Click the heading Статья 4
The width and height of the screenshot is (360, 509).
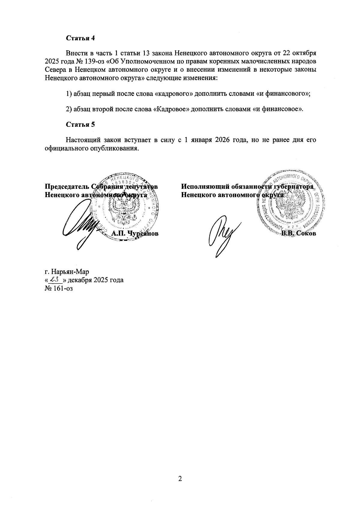click(80, 38)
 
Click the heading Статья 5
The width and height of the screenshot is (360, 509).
click(80, 125)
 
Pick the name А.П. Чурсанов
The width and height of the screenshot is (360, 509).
click(135, 234)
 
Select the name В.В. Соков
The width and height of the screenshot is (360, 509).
click(298, 234)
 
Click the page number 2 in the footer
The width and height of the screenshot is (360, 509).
click(180, 479)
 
